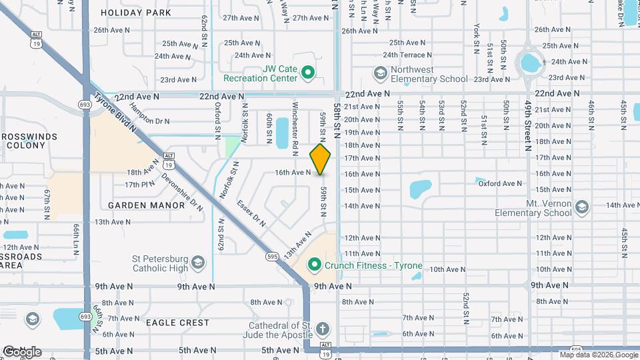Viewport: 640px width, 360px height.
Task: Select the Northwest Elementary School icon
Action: pos(380,73)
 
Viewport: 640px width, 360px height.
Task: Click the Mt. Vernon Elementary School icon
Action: pos(582,207)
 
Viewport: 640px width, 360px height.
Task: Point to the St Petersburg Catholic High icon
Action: pos(198,264)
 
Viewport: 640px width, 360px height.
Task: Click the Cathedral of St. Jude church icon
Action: pos(322,329)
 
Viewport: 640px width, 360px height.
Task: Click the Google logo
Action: pos(22,351)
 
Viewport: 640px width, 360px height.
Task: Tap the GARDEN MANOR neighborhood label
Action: pos(146,205)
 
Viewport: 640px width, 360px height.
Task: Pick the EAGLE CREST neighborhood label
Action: pos(177,323)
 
